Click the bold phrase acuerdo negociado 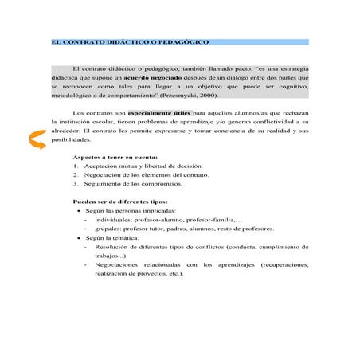(154, 80)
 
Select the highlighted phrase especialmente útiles (160, 115)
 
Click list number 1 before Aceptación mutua (76, 167)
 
